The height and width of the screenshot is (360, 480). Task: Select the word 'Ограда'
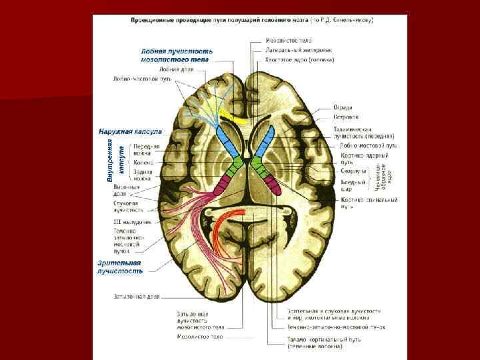point(343,107)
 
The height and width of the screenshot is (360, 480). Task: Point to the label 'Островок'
point(345,117)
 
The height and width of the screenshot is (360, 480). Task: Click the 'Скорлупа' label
point(354,171)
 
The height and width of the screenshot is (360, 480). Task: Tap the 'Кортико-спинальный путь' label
point(369,203)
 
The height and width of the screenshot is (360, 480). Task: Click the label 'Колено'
point(143,162)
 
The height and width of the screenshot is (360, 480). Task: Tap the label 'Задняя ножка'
point(143,175)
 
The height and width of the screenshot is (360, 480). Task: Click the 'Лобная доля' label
point(175,69)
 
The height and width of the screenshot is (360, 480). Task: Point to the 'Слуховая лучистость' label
point(129,206)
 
